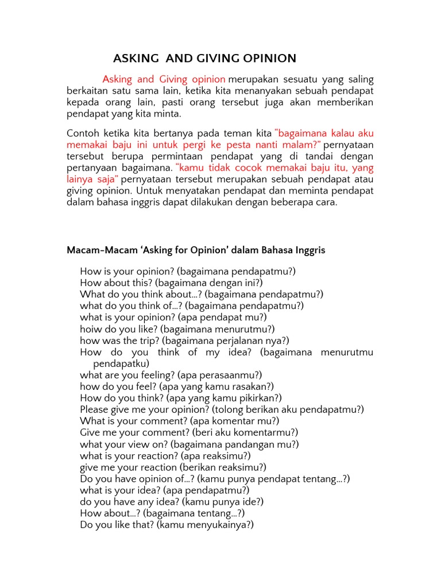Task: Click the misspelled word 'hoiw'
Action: pos(91,329)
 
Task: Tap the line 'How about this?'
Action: pos(171,283)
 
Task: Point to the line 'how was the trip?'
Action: pos(184,341)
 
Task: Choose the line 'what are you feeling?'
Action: pos(171,375)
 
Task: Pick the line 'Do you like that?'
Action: pos(167,524)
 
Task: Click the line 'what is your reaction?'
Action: pos(165,455)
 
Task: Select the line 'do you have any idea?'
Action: pos(172,501)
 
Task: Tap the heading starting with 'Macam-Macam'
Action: pos(196,250)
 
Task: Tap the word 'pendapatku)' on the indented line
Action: pos(121,363)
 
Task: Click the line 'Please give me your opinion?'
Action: pos(222,409)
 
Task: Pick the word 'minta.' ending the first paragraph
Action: pos(168,114)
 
